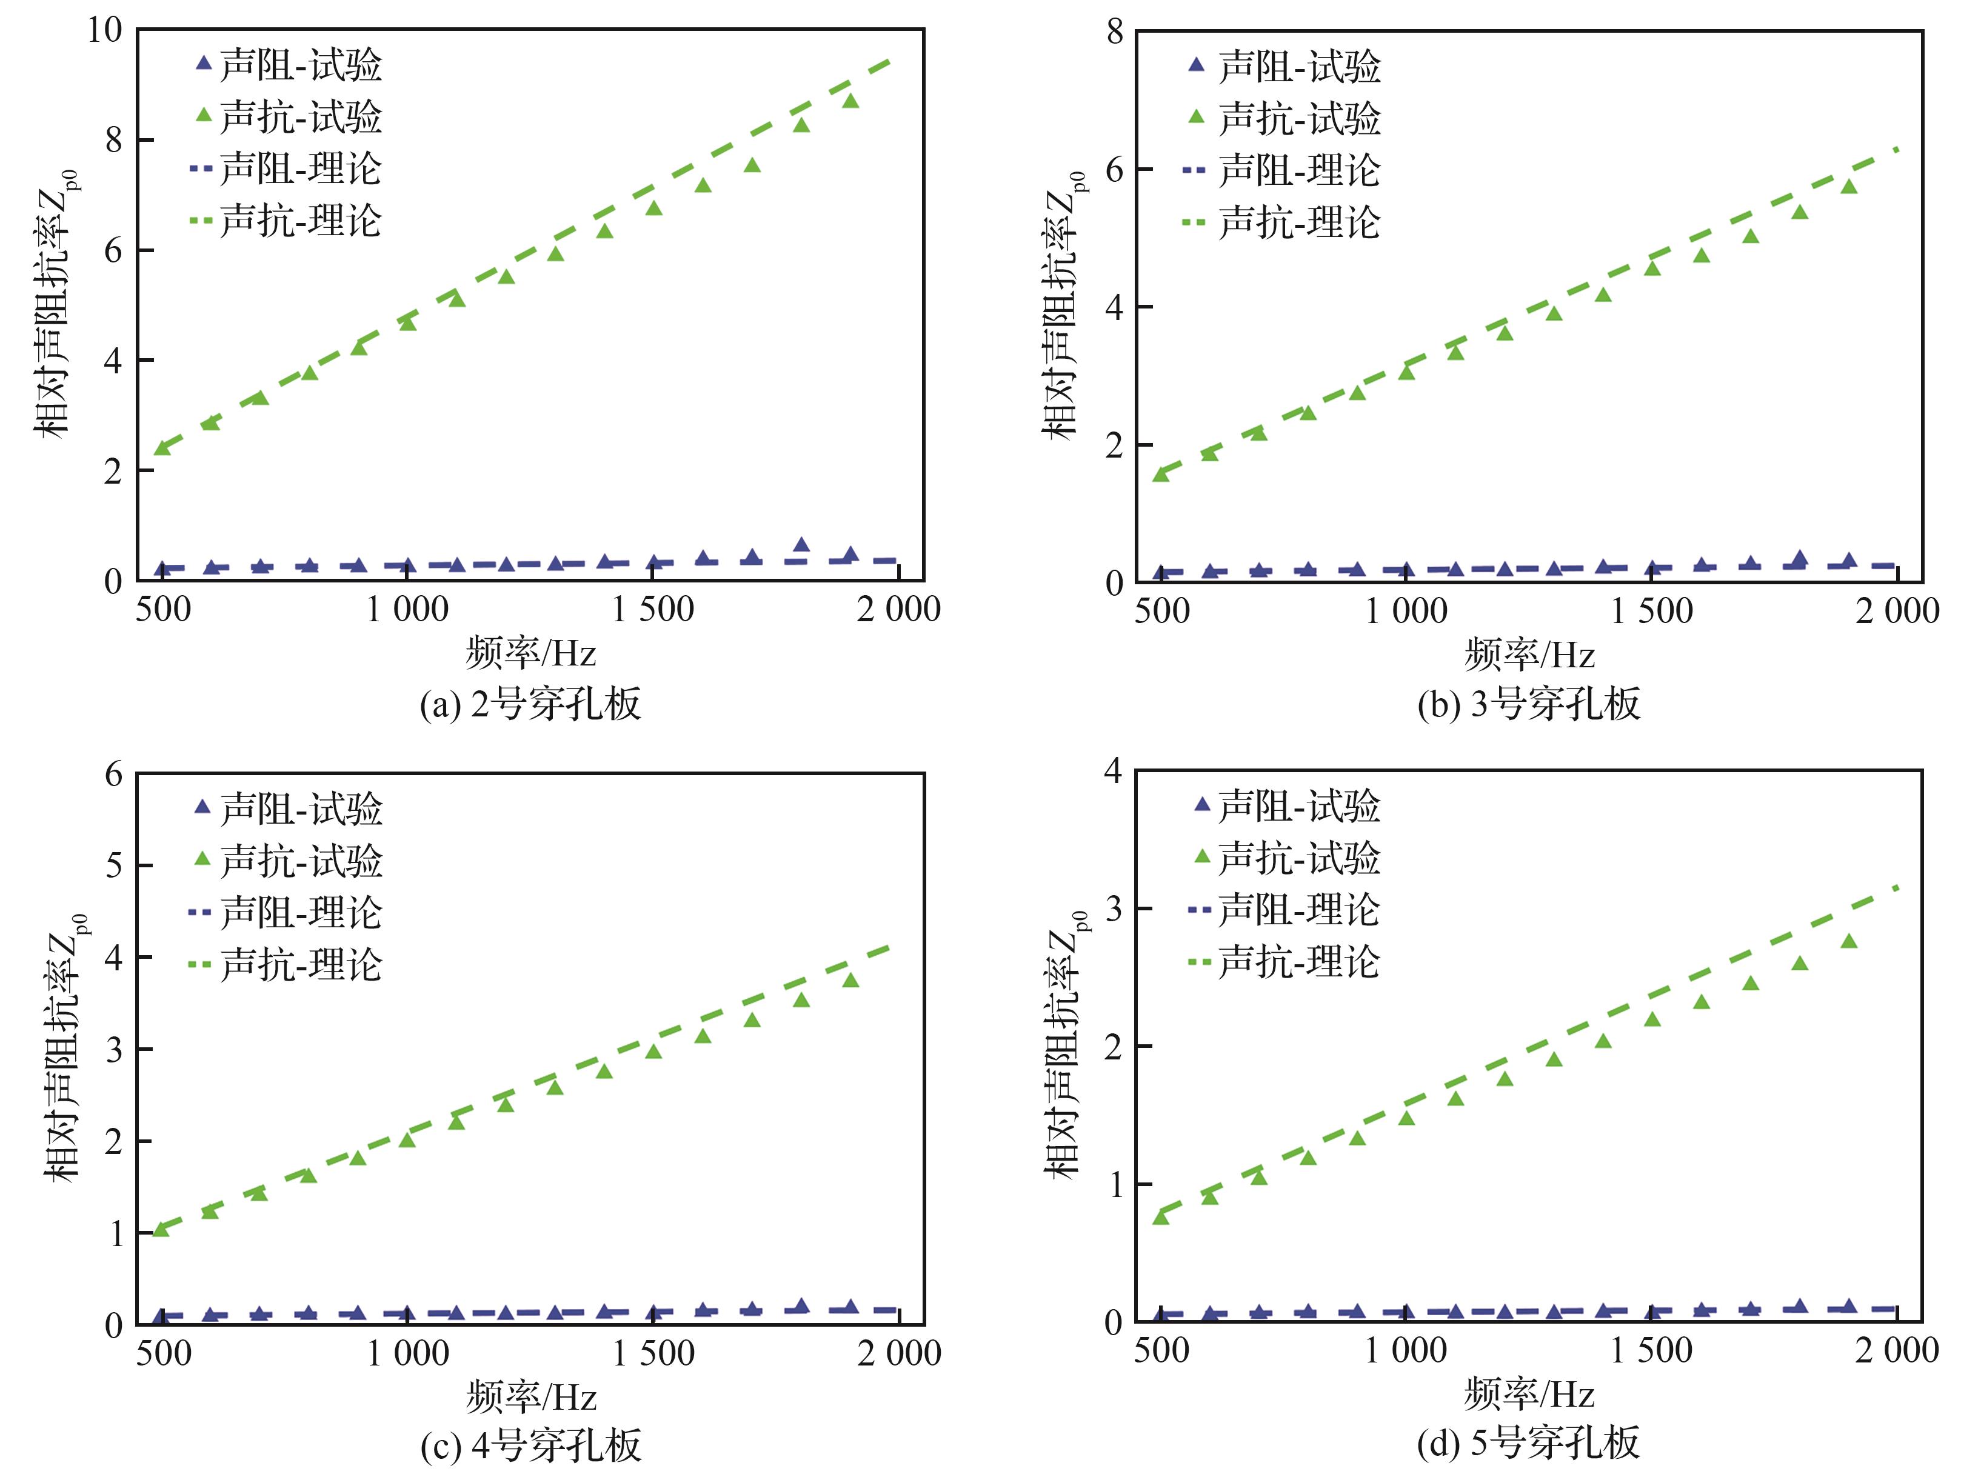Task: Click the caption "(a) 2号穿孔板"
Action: click(x=530, y=705)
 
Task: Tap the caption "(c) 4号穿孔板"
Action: click(x=530, y=1446)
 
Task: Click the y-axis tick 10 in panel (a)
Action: click(x=105, y=30)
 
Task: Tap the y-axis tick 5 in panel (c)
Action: click(x=113, y=865)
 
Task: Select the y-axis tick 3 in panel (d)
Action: click(x=1114, y=909)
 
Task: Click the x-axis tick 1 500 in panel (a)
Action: click(x=653, y=610)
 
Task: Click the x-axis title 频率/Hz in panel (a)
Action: click(x=530, y=655)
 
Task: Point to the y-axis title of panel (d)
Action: click(x=1066, y=1046)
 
